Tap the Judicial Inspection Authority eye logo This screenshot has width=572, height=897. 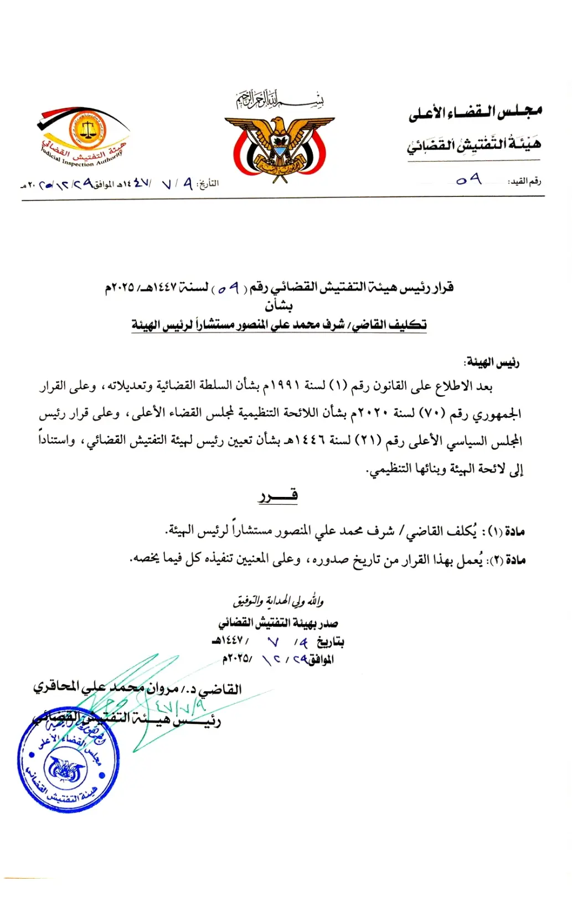coord(84,136)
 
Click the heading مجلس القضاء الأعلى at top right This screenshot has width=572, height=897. coord(475,113)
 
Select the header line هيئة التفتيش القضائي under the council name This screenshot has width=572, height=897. coord(474,144)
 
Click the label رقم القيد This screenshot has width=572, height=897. coord(525,182)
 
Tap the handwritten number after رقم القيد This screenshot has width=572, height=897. coord(468,180)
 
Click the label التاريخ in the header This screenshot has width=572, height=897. coord(208,183)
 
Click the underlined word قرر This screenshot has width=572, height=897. coord(278,495)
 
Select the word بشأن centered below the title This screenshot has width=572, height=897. coord(279,305)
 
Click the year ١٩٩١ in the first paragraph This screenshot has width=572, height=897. coord(285,385)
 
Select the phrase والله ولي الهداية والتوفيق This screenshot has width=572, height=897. coord(278,600)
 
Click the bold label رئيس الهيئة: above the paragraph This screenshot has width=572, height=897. coord(492,362)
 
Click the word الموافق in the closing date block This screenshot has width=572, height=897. coord(321,659)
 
